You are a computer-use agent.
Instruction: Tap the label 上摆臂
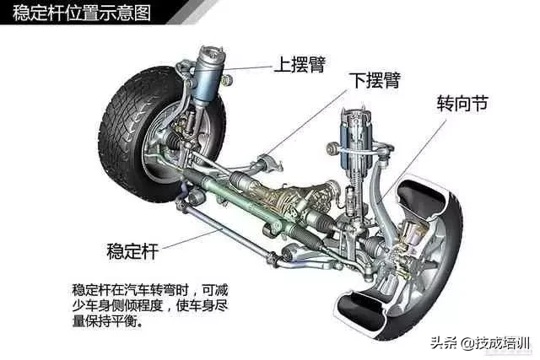coord(300,64)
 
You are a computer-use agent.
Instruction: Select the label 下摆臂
coord(375,80)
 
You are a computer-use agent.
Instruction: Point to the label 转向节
coord(462,103)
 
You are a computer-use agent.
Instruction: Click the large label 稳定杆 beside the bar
coord(132,251)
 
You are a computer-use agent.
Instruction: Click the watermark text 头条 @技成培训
coord(480,343)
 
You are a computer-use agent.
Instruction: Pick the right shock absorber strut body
coord(354,144)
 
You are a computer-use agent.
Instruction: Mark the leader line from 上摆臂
coord(247,67)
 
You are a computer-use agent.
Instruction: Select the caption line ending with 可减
coord(150,290)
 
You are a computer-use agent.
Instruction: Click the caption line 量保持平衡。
coord(107,322)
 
